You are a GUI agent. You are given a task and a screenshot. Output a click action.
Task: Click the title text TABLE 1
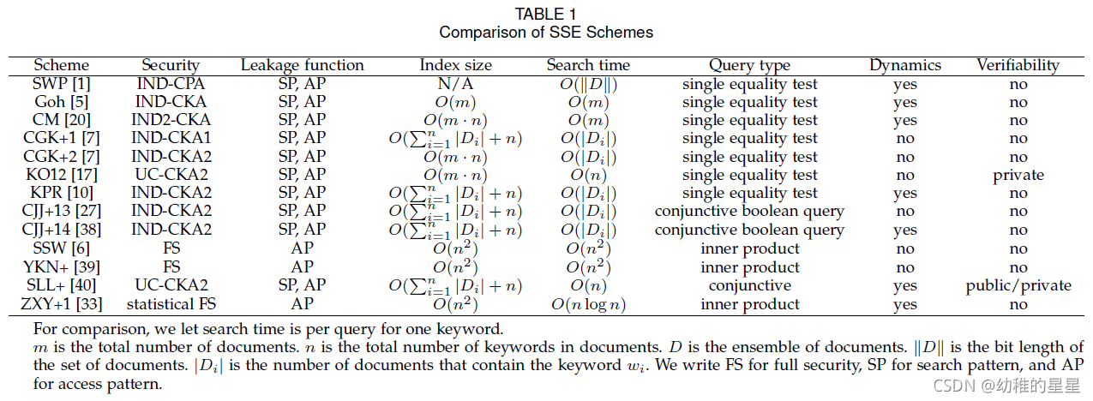546,14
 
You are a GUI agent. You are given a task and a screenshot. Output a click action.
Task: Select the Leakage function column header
302,65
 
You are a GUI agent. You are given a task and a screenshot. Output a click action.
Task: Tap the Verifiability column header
1018,65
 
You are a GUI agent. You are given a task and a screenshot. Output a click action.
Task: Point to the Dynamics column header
904,65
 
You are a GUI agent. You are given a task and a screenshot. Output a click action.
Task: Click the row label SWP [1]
61,84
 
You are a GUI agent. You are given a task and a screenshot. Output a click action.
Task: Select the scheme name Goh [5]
61,102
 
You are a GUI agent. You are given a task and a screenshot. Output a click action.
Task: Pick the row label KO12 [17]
61,175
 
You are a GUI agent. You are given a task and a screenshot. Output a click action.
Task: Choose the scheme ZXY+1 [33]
61,304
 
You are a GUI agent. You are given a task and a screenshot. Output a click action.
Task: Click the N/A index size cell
455,84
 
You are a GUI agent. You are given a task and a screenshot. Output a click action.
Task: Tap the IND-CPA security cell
171,84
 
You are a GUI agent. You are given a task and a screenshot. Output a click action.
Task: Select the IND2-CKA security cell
171,120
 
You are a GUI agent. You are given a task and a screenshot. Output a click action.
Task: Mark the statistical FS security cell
171,304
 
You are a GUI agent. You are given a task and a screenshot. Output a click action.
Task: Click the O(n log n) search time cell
588,304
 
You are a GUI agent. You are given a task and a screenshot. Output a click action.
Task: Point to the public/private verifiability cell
1018,285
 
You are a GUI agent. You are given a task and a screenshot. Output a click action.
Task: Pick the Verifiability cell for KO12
1018,175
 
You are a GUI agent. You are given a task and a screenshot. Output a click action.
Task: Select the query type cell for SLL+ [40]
749,285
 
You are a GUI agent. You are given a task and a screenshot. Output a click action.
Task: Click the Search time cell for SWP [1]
588,84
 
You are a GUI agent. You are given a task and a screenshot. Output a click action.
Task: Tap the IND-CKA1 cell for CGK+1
171,138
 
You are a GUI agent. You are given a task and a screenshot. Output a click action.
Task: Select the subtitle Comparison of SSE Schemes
546,33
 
